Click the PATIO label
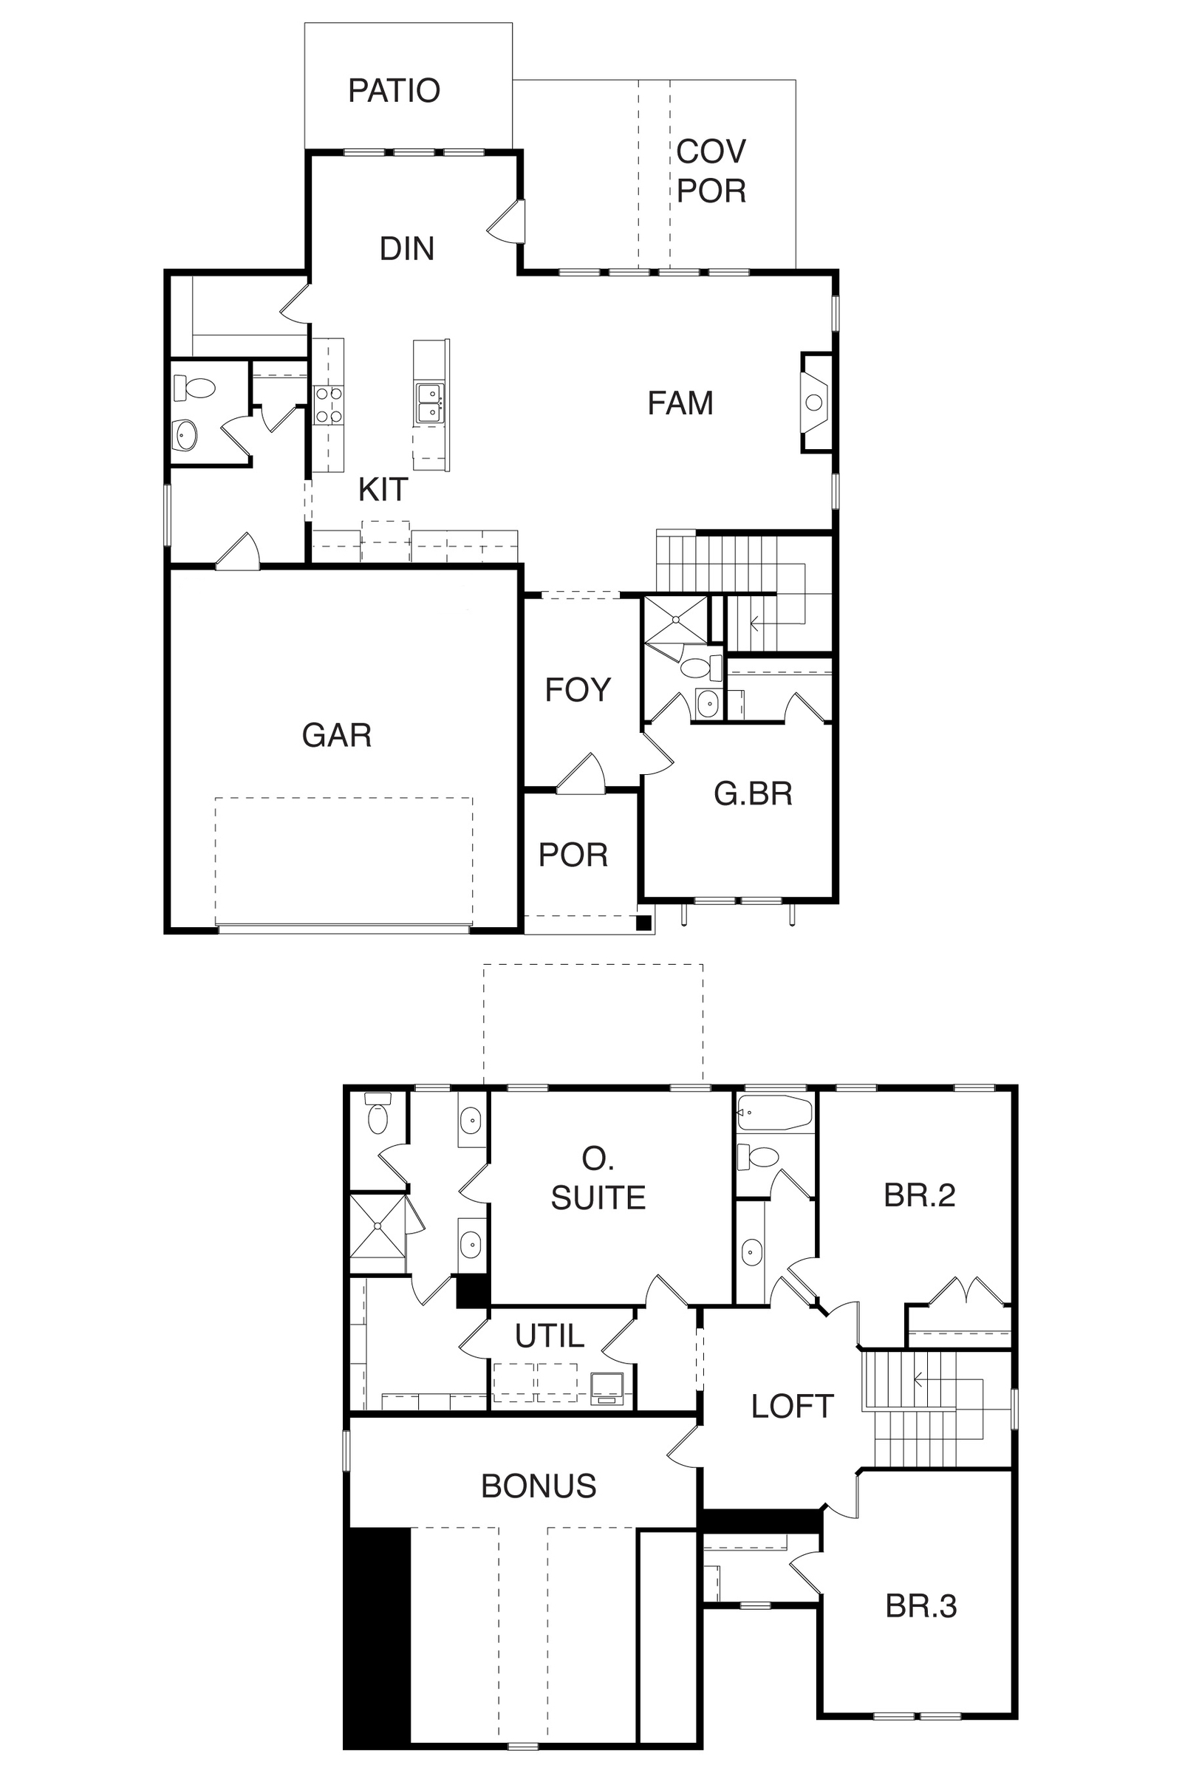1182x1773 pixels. click(394, 90)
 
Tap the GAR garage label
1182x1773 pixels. click(337, 735)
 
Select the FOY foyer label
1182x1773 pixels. click(578, 690)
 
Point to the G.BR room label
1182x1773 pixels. click(753, 793)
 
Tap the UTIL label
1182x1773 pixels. click(550, 1336)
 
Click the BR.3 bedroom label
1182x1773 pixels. click(921, 1606)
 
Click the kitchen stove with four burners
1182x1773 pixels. click(328, 406)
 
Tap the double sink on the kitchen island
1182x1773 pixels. click(431, 403)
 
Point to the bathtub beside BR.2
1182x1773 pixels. click(774, 1113)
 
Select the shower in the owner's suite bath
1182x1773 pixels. click(378, 1226)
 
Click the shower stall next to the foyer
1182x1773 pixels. click(676, 620)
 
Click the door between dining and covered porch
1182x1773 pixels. click(508, 222)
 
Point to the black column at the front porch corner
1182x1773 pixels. click(643, 922)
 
